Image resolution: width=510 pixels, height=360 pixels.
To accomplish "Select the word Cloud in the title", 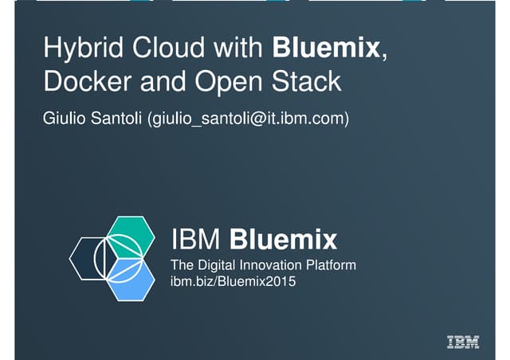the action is (168, 48).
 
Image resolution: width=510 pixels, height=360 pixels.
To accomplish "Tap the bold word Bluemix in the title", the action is (326, 48).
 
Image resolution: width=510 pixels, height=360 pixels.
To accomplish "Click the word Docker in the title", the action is (88, 81).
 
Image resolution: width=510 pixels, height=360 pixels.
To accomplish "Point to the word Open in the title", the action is (229, 84).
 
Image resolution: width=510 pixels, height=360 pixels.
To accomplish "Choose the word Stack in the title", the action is (306, 81).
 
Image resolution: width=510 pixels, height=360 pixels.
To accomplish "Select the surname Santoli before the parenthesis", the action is (116, 118).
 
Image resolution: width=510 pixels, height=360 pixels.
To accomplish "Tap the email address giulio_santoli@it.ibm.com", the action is (248, 119).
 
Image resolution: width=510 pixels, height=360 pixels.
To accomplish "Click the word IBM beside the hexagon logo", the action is (195, 240).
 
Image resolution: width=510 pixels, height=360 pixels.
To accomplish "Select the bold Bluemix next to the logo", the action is (283, 240).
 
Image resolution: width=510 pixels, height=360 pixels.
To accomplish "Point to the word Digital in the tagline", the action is (216, 265).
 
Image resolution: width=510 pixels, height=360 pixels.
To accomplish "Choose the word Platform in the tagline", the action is (331, 265).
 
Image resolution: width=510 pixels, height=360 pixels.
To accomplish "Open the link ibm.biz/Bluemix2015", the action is (233, 281).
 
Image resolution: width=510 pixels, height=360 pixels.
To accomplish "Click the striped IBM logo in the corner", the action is (463, 342).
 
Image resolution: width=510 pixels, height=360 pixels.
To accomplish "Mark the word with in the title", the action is (238, 48).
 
